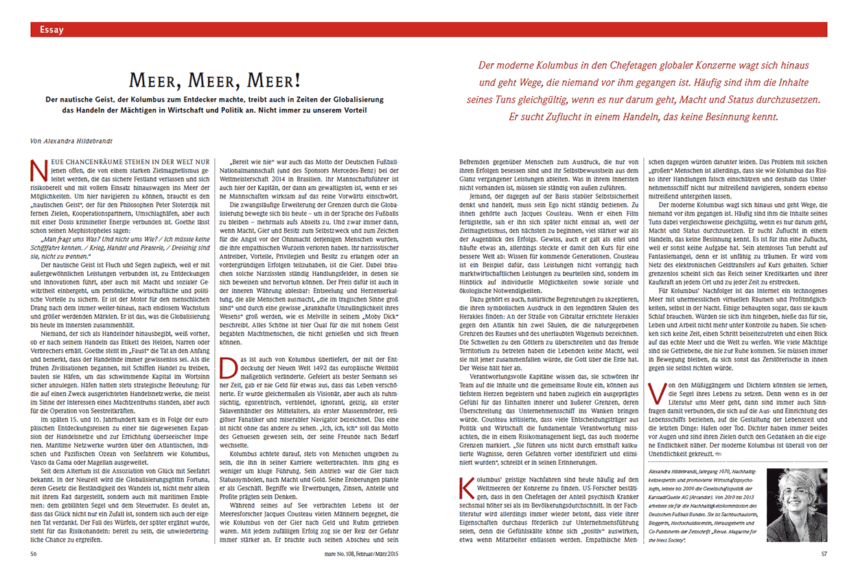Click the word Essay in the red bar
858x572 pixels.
51,30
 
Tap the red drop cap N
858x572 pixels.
39,168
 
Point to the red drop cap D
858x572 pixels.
227,367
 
